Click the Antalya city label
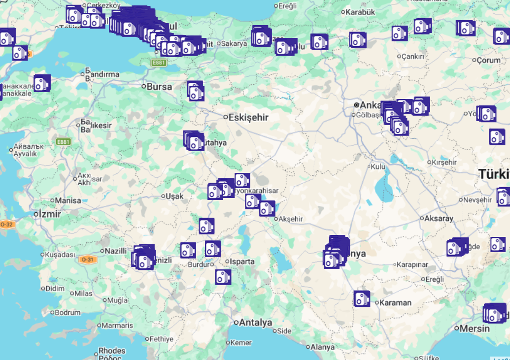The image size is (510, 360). pyautogui.click(x=255, y=323)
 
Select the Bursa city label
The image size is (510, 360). pyautogui.click(x=160, y=87)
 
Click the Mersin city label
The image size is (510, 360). pyautogui.click(x=475, y=328)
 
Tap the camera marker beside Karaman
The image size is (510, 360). pyautogui.click(x=362, y=299)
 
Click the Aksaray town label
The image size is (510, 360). pyautogui.click(x=439, y=218)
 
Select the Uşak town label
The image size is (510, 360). pyautogui.click(x=174, y=196)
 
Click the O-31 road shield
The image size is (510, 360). pyautogui.click(x=87, y=259)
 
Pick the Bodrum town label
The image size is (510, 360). pyautogui.click(x=68, y=312)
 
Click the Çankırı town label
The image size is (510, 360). pyautogui.click(x=412, y=57)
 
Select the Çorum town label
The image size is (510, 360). pyautogui.click(x=488, y=60)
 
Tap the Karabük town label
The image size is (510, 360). pyautogui.click(x=361, y=12)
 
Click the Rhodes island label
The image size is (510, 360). pyautogui.click(x=112, y=351)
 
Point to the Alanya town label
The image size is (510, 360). pyautogui.click(x=322, y=347)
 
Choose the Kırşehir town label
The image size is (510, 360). pyautogui.click(x=444, y=163)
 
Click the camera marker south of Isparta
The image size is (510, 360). pyautogui.click(x=223, y=277)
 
